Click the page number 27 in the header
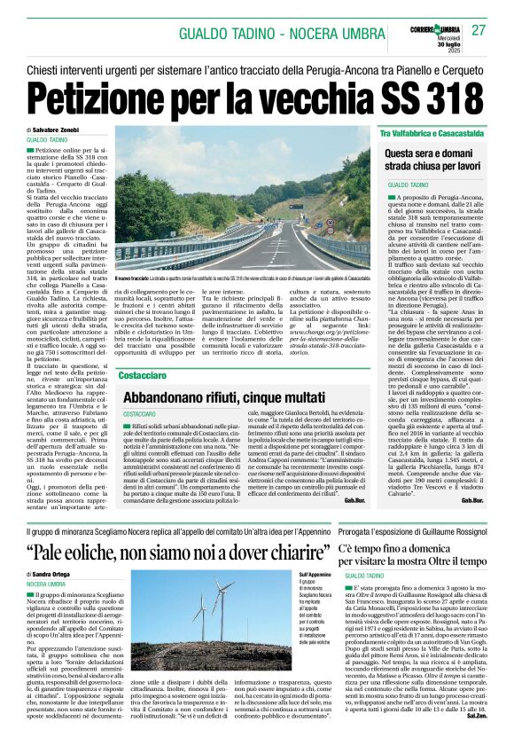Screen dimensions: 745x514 (479, 31)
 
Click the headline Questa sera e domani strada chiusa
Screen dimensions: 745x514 (439, 160)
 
